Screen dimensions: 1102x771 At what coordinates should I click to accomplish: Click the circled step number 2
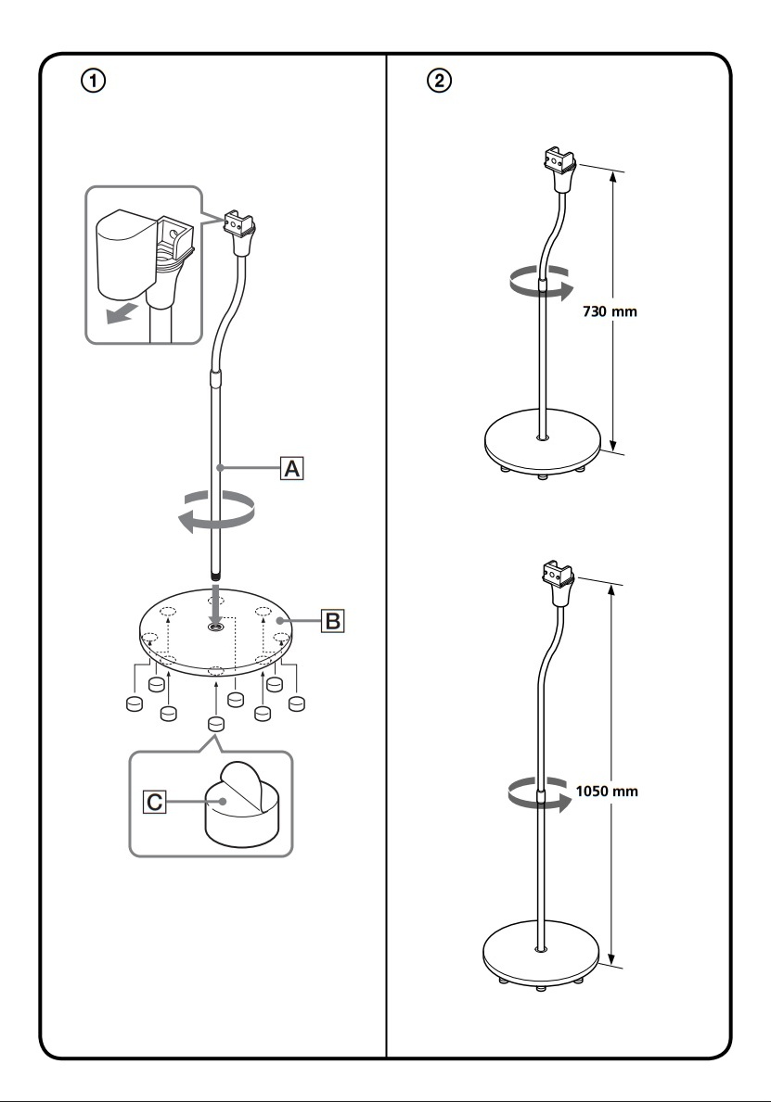(x=441, y=82)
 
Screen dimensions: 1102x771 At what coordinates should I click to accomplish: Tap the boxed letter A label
(x=291, y=469)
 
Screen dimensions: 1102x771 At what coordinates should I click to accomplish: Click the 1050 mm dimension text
(x=607, y=792)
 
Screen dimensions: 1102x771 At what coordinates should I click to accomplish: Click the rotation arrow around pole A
(x=216, y=512)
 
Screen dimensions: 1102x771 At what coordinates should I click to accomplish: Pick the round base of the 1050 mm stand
(x=543, y=955)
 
